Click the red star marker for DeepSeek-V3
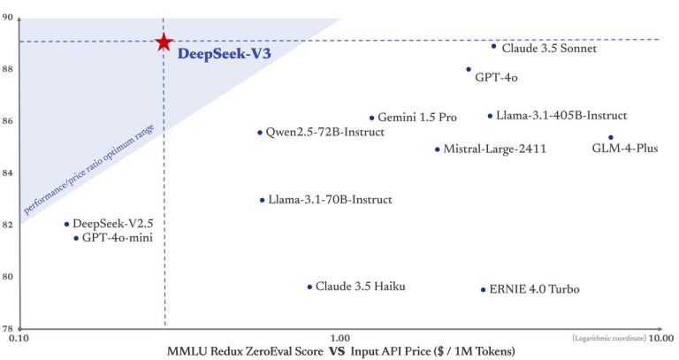(164, 42)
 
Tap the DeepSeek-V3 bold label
(224, 54)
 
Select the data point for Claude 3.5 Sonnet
(493, 46)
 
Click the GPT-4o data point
(469, 69)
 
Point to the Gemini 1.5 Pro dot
(371, 118)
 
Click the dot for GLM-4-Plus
(611, 137)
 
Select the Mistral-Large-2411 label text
(494, 149)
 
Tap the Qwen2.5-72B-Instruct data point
(260, 133)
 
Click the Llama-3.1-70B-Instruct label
(330, 200)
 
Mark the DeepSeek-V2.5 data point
(66, 224)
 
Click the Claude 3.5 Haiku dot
(309, 287)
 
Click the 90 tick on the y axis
(8, 17)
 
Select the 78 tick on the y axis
(8, 327)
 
